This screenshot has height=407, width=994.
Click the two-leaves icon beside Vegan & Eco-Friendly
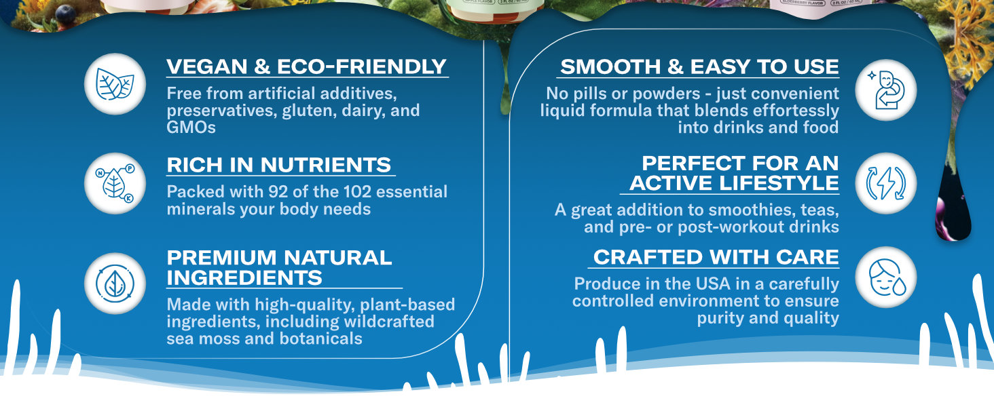tap(115, 84)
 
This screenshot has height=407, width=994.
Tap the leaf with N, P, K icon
tap(115, 184)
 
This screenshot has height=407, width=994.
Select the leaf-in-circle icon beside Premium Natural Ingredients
tap(115, 284)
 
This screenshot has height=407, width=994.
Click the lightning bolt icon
tap(886, 183)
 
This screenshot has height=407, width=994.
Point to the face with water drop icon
tap(887, 277)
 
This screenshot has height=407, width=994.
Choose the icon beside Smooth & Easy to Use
tap(885, 90)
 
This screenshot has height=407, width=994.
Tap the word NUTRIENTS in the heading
tap(326, 165)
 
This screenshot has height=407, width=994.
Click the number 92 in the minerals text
tap(278, 191)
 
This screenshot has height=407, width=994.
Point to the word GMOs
tap(191, 128)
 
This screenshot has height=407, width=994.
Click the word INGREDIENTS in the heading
tap(244, 278)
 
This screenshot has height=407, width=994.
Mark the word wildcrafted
tap(389, 322)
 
